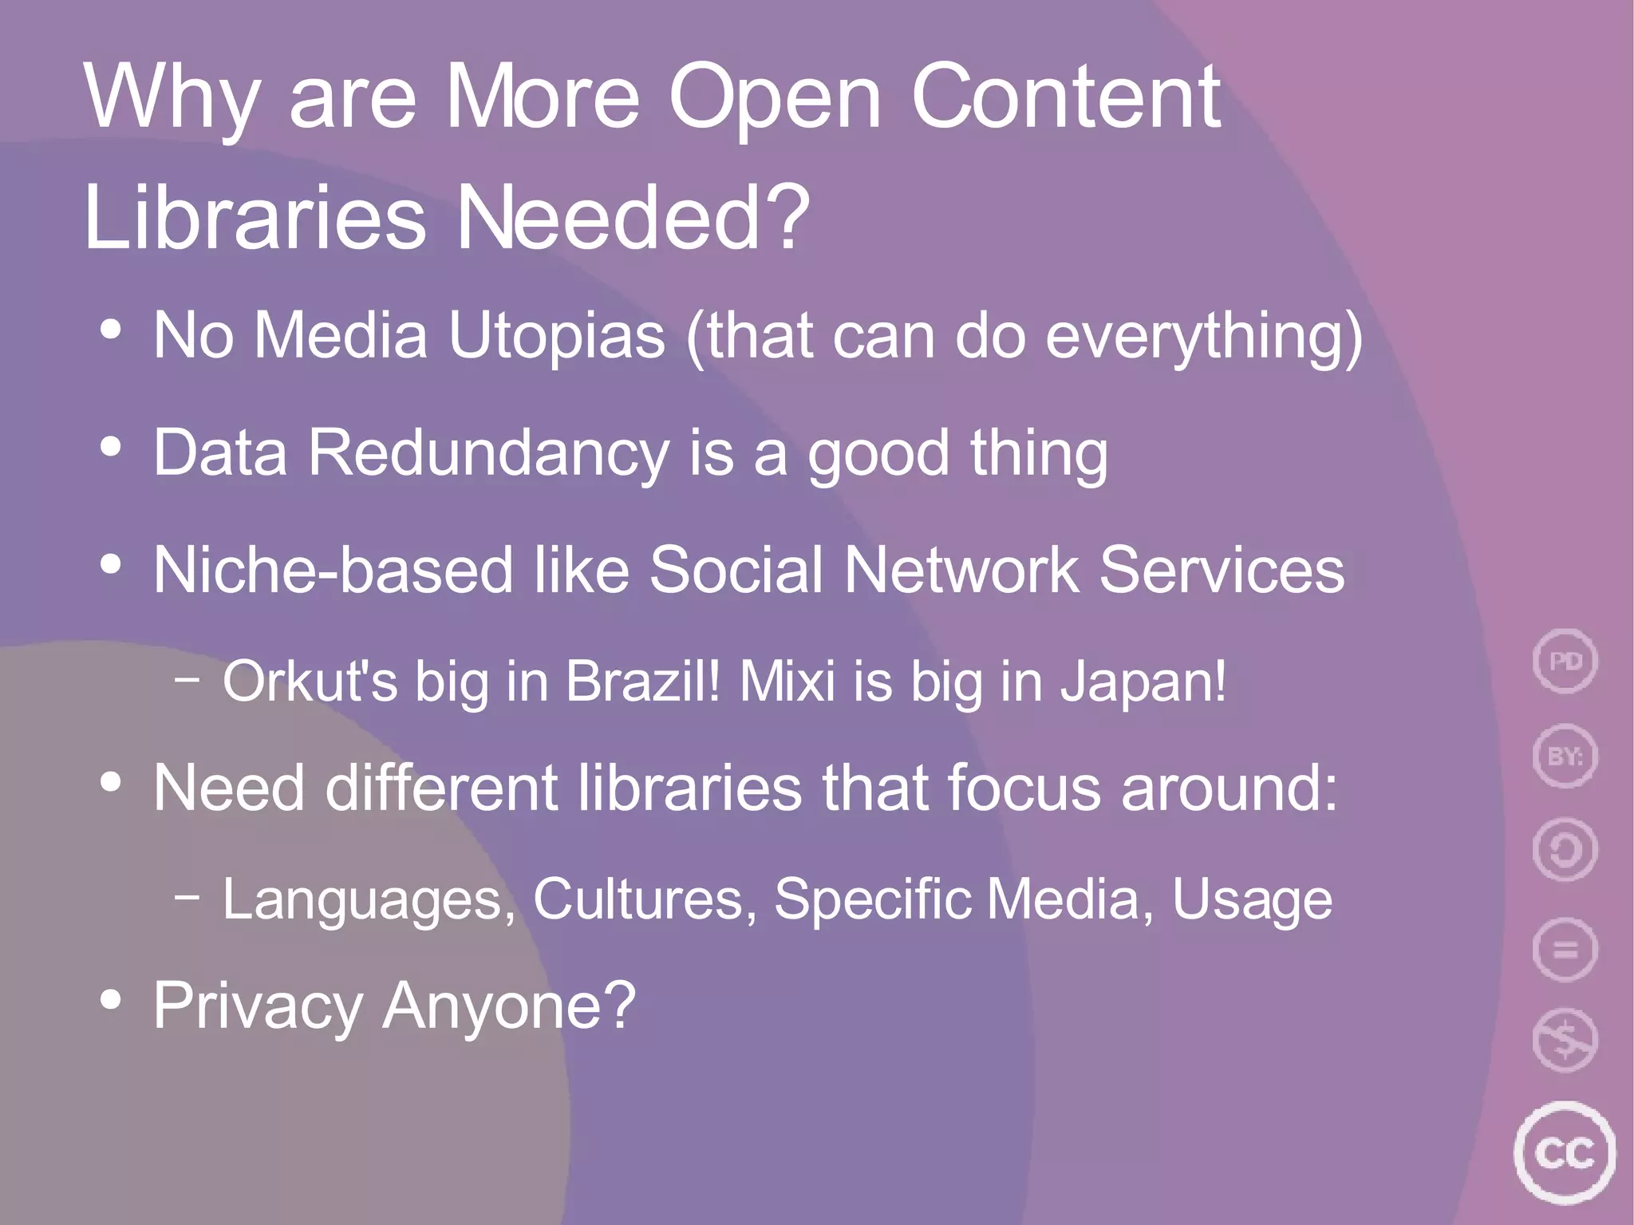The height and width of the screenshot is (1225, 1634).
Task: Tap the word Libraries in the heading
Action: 255,218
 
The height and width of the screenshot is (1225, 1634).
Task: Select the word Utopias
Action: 556,335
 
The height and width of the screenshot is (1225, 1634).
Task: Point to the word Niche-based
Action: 332,571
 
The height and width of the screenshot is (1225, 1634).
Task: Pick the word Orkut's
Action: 310,682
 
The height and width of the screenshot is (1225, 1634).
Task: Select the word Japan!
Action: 1143,682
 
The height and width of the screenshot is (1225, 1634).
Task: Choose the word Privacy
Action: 258,1006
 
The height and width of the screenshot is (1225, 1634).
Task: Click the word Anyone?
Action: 509,1006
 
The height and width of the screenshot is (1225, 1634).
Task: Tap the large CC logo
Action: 1564,1153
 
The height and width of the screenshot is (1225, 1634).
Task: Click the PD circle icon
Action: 1565,661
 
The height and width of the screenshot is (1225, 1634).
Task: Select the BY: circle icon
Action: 1565,755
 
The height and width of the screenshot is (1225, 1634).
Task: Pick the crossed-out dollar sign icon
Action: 1565,1040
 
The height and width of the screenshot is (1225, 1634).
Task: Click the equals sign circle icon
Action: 1565,950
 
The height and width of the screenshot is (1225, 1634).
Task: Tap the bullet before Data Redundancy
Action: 112,447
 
